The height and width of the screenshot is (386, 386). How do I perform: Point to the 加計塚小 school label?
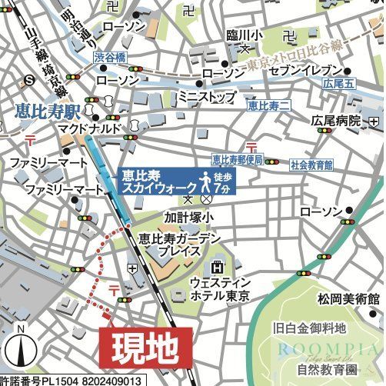[x=188, y=217]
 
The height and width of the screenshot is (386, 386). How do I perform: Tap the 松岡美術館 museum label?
[x=351, y=298]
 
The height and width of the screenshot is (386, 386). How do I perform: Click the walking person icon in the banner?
[x=206, y=181]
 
